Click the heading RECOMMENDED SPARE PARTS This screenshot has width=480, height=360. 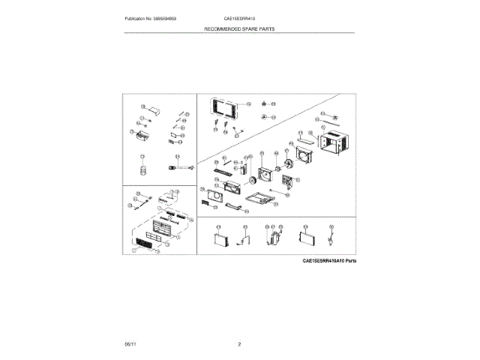239,28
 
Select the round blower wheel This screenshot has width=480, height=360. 252,181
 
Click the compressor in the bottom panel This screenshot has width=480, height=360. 274,237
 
